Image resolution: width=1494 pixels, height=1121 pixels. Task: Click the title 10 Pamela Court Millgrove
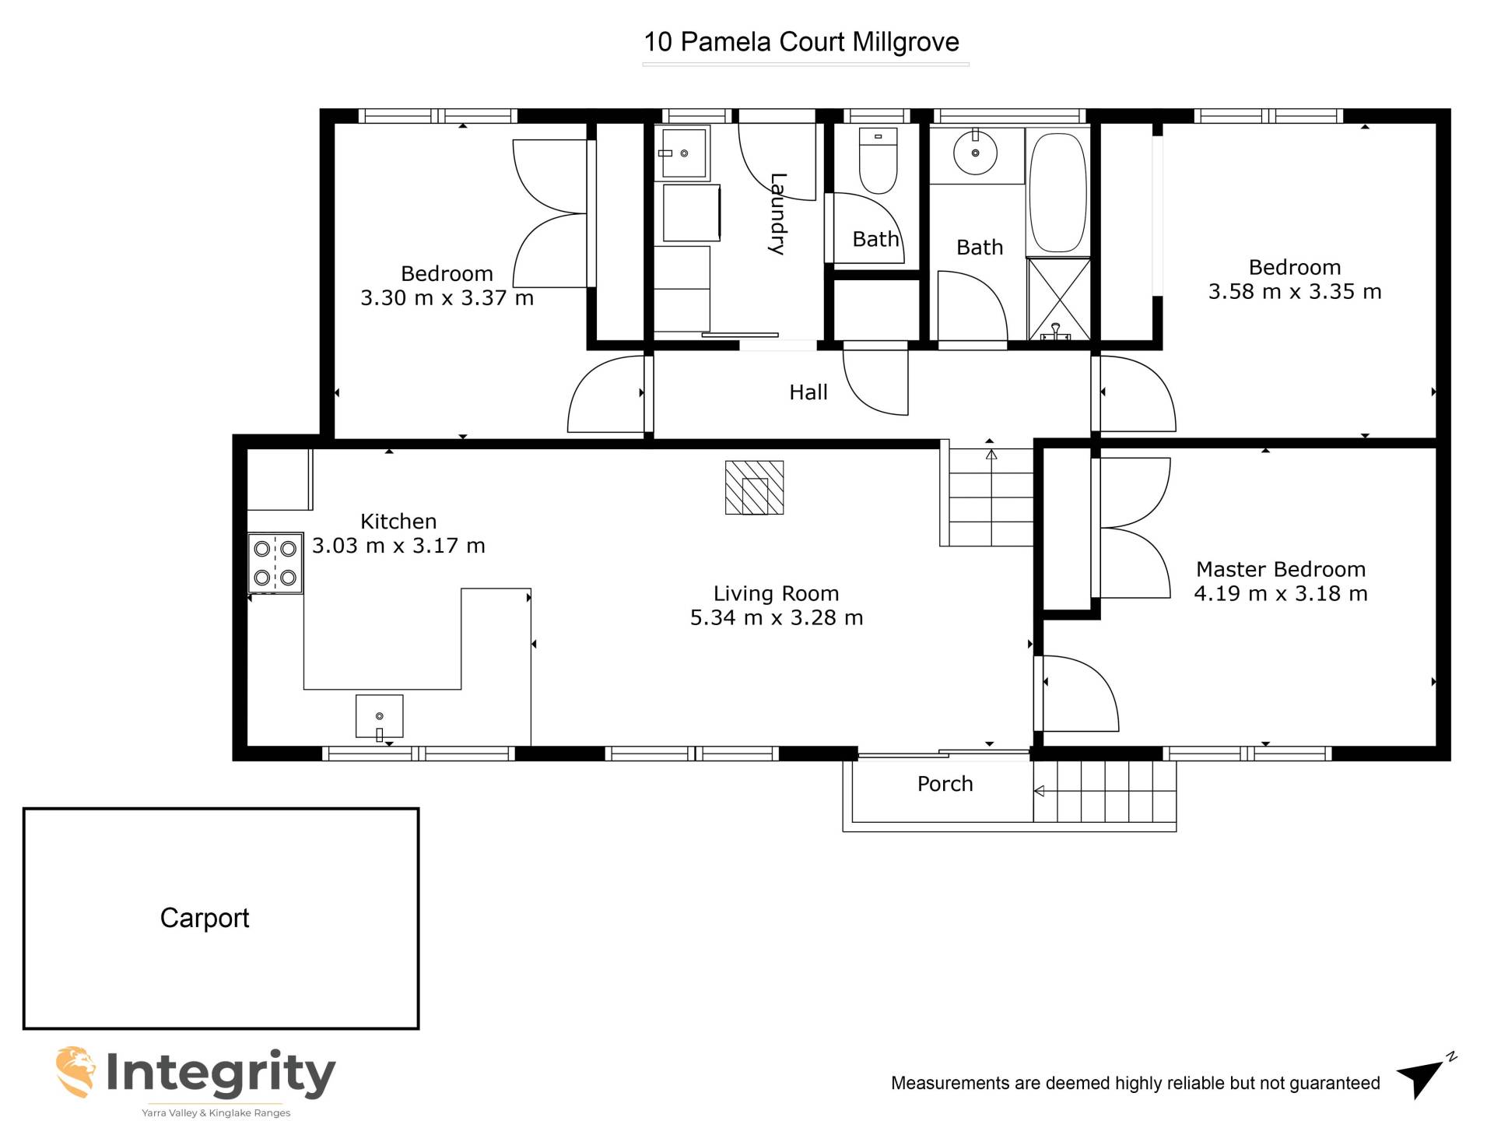point(801,42)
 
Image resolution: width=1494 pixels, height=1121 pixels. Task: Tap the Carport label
point(205,919)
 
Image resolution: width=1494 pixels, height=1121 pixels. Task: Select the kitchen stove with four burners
point(275,563)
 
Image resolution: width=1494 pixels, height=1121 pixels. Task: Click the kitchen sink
point(380,716)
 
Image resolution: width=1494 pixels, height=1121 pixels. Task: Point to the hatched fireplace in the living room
point(755,488)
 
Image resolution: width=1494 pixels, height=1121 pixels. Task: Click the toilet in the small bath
point(878,161)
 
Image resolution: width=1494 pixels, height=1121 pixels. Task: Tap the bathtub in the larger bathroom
point(1057,192)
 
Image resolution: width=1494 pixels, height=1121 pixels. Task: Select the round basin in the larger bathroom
point(975,153)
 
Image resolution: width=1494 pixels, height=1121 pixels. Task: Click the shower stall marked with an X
point(1059,299)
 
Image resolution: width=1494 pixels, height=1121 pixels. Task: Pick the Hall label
point(808,392)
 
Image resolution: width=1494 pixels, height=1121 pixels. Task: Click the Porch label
point(945,784)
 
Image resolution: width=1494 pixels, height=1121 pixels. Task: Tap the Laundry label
point(777,214)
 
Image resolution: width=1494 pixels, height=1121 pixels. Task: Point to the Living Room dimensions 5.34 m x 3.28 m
point(777,618)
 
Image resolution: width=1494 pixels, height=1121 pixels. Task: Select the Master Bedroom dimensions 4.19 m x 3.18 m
point(1281,594)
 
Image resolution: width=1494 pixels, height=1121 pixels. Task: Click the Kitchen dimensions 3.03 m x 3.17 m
point(398,546)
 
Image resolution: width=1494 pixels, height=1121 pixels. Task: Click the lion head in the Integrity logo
point(75,1071)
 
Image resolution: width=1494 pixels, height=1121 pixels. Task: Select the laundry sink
point(683,153)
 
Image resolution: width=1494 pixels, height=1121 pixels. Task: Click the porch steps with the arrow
point(1104,792)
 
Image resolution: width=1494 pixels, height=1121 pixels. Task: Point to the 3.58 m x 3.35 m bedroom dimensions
point(1295,292)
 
